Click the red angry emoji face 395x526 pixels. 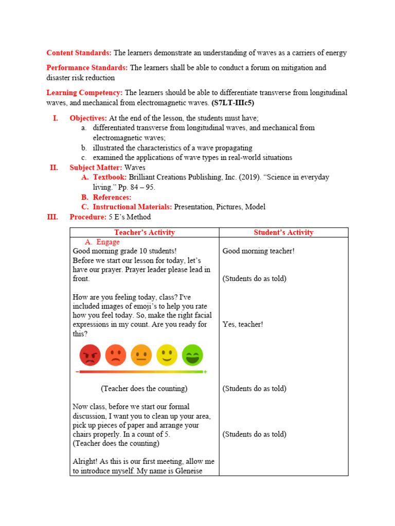click(89, 355)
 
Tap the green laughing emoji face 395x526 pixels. click(192, 355)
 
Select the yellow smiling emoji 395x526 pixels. click(167, 355)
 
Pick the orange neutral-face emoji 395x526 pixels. click(141, 355)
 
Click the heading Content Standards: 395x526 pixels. click(79, 53)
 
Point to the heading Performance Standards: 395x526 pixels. click(87, 68)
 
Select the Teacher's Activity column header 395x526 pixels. click(145, 232)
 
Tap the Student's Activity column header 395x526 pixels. click(283, 232)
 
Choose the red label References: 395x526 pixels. click(112, 197)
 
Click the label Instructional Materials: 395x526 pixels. click(132, 207)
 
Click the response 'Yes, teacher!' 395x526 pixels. click(243, 325)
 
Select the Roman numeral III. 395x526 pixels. click(52, 217)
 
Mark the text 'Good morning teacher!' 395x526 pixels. click(258, 251)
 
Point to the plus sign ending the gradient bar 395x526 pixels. click(205, 371)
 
